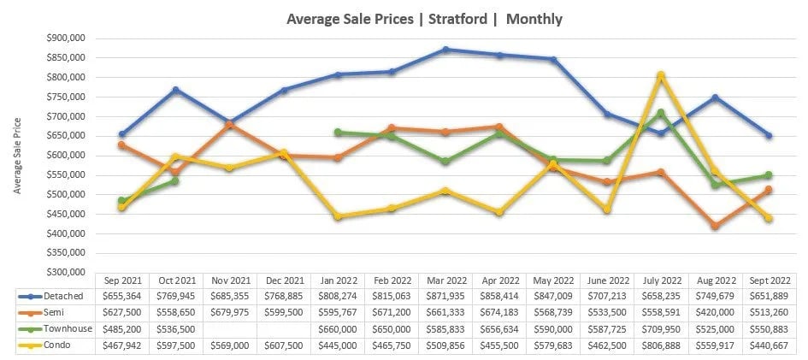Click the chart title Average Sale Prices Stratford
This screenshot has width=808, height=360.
point(424,18)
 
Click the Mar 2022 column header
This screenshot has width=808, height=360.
point(446,280)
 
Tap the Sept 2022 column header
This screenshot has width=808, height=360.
point(769,280)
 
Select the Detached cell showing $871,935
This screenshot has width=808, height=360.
point(446,295)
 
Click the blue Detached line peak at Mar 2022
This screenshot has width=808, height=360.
point(446,50)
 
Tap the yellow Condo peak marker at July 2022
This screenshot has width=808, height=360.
point(661,75)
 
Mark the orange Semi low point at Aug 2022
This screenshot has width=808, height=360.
point(715,226)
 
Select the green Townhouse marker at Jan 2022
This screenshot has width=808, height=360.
point(339,133)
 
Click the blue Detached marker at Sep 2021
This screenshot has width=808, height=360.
point(123,134)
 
